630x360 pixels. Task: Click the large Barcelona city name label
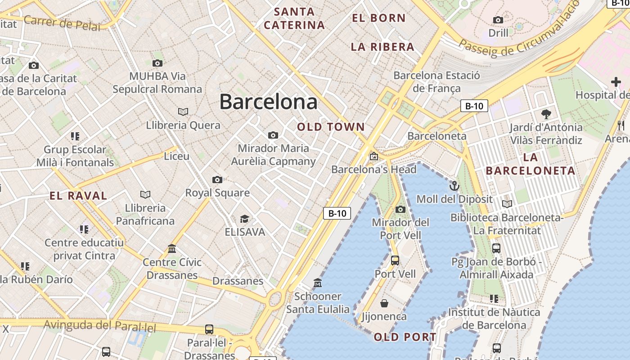(x=268, y=102)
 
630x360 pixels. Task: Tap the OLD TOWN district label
(x=331, y=127)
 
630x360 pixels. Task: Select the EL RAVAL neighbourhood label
(x=78, y=196)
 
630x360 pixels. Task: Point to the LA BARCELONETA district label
(x=531, y=164)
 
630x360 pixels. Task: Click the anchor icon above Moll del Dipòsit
(x=454, y=185)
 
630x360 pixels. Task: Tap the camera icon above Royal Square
(x=217, y=180)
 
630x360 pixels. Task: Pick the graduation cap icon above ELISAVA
(x=244, y=219)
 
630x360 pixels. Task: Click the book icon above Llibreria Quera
(x=183, y=112)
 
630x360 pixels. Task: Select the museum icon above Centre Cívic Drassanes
(x=172, y=249)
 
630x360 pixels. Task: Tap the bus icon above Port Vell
(x=395, y=261)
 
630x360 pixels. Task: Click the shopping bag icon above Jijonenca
(x=384, y=303)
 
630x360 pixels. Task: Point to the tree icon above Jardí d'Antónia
(x=546, y=114)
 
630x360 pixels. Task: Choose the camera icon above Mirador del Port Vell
(x=400, y=209)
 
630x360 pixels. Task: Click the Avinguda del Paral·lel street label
(x=100, y=325)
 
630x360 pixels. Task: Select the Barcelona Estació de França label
(x=436, y=81)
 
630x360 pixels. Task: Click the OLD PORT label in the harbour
(x=405, y=337)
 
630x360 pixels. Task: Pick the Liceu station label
(x=176, y=156)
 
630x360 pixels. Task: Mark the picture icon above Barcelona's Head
(x=373, y=157)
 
